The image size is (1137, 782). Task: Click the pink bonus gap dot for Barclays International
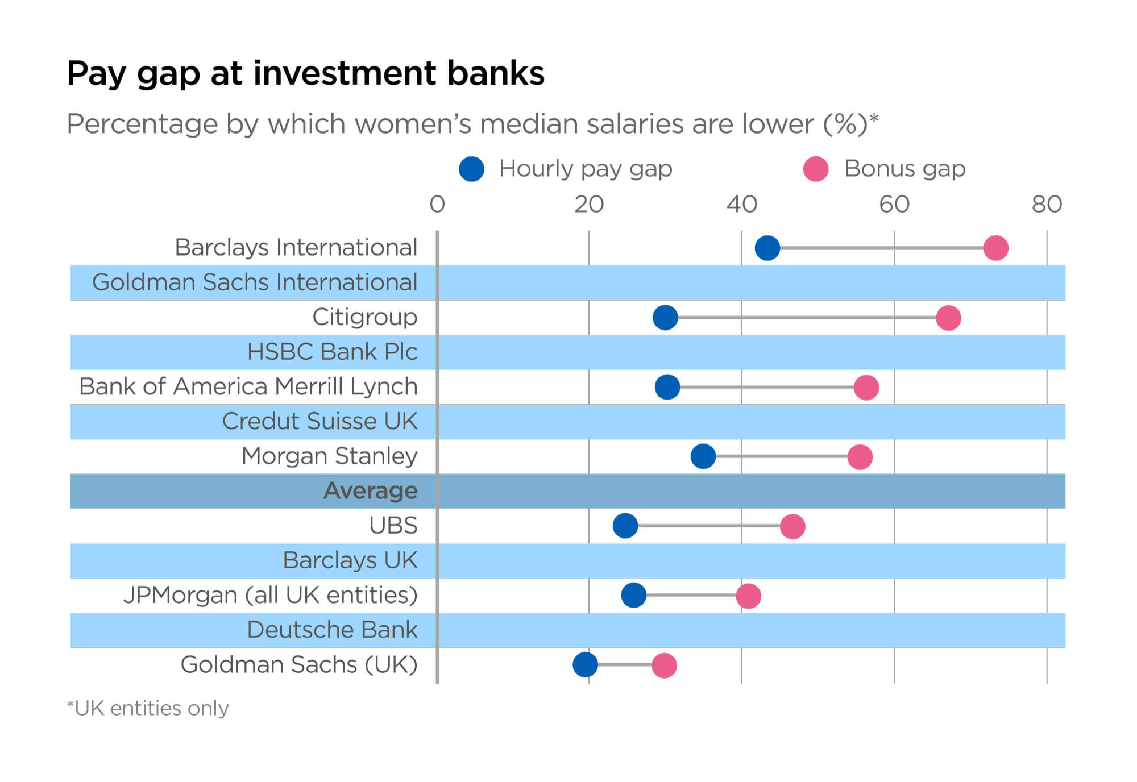click(x=995, y=248)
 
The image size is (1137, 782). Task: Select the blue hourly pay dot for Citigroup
click(x=665, y=317)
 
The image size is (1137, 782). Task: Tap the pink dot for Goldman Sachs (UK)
click(x=664, y=665)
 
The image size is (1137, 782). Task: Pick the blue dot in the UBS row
click(x=625, y=526)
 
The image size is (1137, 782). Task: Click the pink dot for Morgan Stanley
click(x=860, y=457)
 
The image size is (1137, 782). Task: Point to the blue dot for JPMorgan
click(x=633, y=595)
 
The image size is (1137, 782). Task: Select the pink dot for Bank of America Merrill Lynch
click(x=866, y=388)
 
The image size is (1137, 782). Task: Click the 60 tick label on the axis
click(x=894, y=205)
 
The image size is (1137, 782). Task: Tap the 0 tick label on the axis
click(x=437, y=205)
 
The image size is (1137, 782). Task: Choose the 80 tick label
click(x=1047, y=205)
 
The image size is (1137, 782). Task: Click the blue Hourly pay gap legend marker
click(x=471, y=169)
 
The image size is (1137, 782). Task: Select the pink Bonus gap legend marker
click(x=815, y=169)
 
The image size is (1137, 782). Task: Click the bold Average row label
click(x=370, y=490)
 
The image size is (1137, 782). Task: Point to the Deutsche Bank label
click(x=332, y=630)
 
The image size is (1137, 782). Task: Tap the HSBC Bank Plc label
click(x=332, y=352)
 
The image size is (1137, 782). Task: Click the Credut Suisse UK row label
click(x=319, y=421)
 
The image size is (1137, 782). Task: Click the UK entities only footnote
click(x=148, y=708)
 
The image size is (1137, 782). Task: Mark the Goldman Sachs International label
click(x=255, y=282)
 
